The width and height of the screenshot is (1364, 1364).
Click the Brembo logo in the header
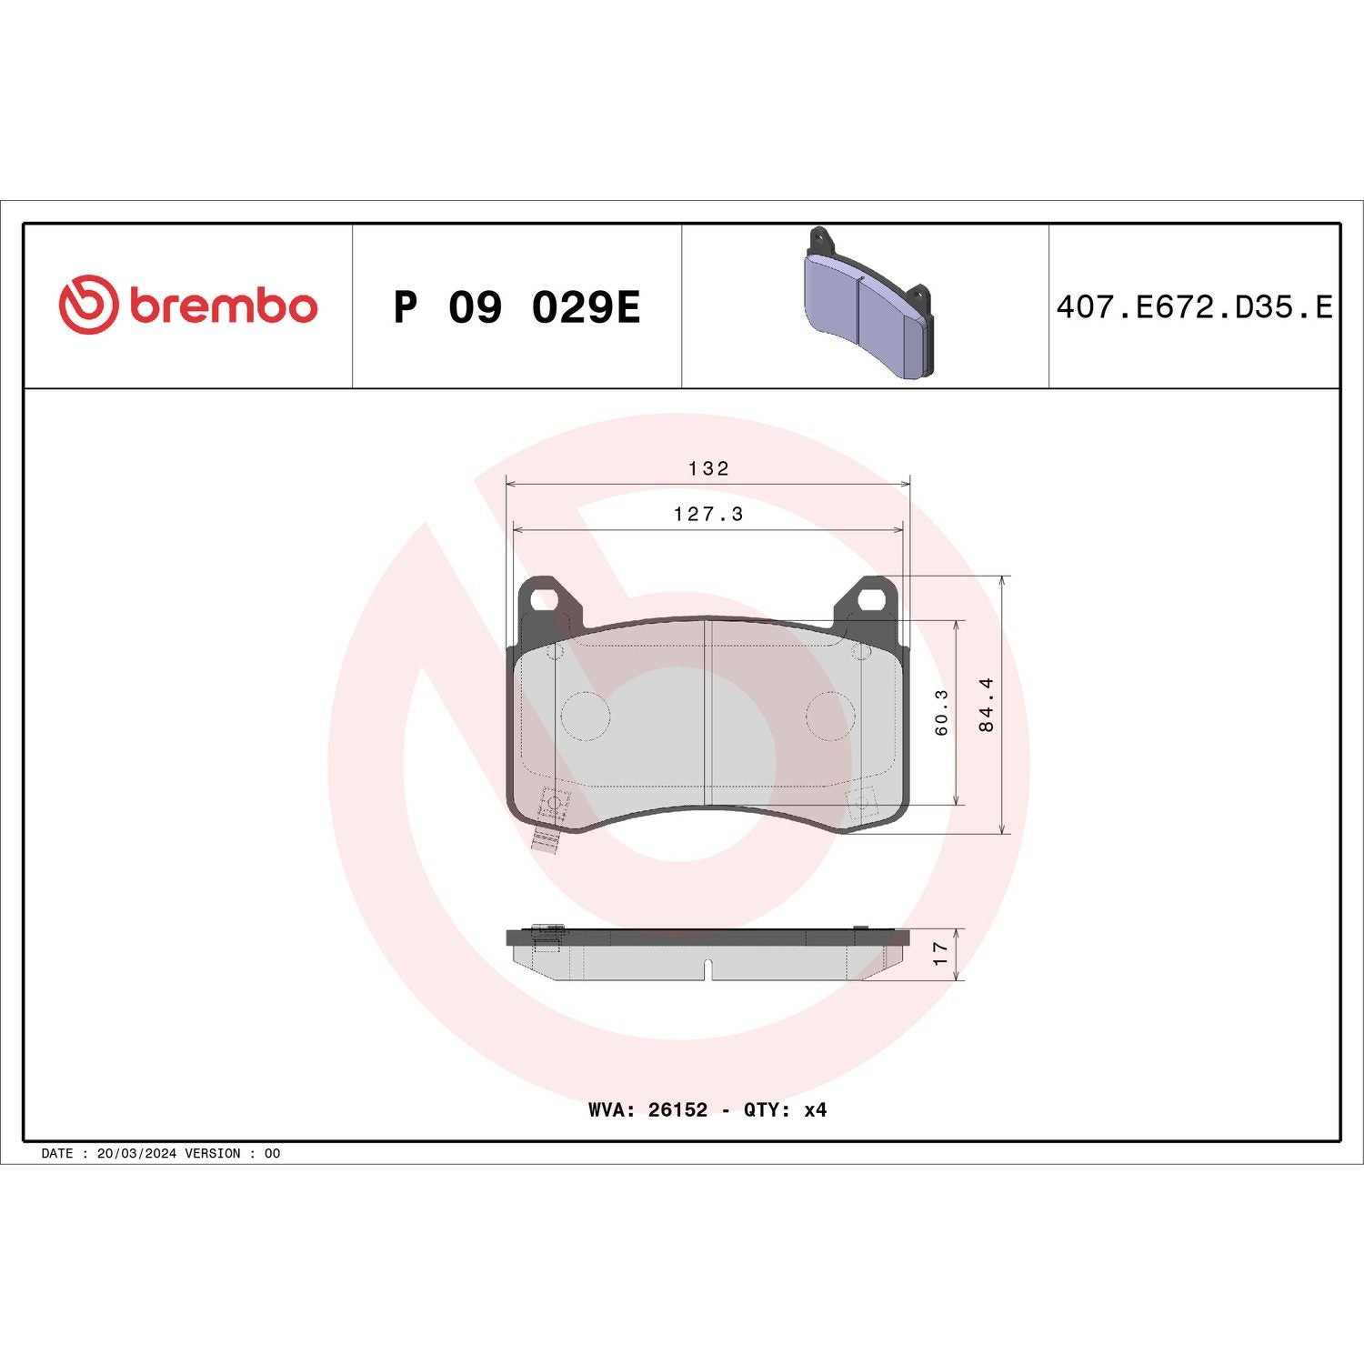pyautogui.click(x=188, y=305)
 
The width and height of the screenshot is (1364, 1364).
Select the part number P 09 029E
pyautogui.click(x=517, y=307)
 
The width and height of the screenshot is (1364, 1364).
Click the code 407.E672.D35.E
pyautogui.click(x=1193, y=307)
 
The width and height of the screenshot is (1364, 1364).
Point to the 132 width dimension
pyautogui.click(x=708, y=468)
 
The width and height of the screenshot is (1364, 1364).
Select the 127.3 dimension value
pyautogui.click(x=708, y=514)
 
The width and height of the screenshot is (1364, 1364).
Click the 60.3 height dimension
pyautogui.click(x=941, y=711)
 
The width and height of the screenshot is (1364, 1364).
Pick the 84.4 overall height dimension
pyautogui.click(x=987, y=704)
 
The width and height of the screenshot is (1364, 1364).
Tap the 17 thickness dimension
pyautogui.click(x=941, y=953)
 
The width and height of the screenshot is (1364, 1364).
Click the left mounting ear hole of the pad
pyautogui.click(x=543, y=599)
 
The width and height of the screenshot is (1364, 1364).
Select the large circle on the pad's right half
pyautogui.click(x=830, y=715)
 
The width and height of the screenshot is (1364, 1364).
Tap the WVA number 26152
pyautogui.click(x=677, y=1109)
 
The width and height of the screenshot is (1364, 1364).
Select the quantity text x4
pyautogui.click(x=815, y=1109)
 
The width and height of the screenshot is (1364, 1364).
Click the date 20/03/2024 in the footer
pyautogui.click(x=136, y=1153)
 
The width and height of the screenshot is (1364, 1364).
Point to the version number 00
pyautogui.click(x=272, y=1153)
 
